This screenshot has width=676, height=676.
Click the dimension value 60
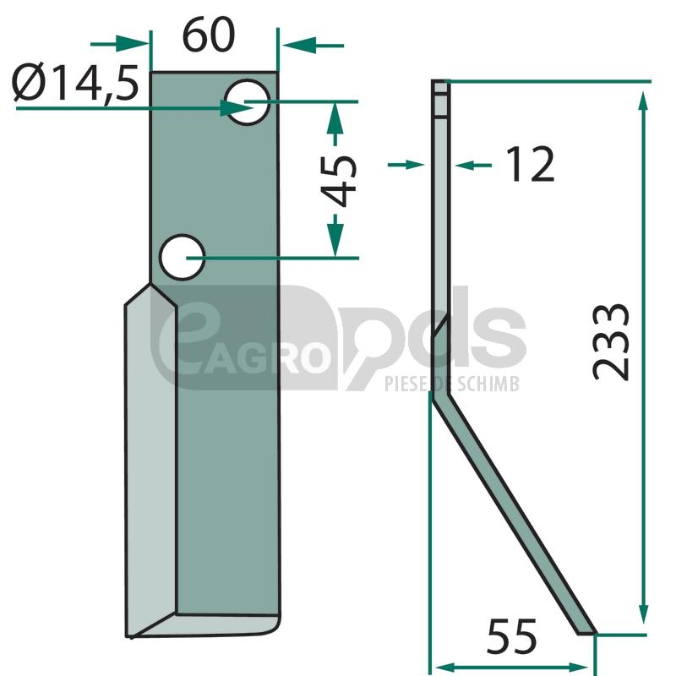click(x=209, y=35)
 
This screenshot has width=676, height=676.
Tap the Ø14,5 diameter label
click(x=75, y=83)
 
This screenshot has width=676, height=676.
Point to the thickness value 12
click(x=531, y=164)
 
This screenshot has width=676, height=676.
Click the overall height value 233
click(x=611, y=342)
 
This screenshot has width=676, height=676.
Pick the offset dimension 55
click(x=512, y=636)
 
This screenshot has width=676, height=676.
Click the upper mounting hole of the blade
click(x=248, y=102)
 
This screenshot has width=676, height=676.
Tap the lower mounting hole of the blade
click(x=182, y=258)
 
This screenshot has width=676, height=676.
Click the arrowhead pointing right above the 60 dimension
click(x=132, y=44)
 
